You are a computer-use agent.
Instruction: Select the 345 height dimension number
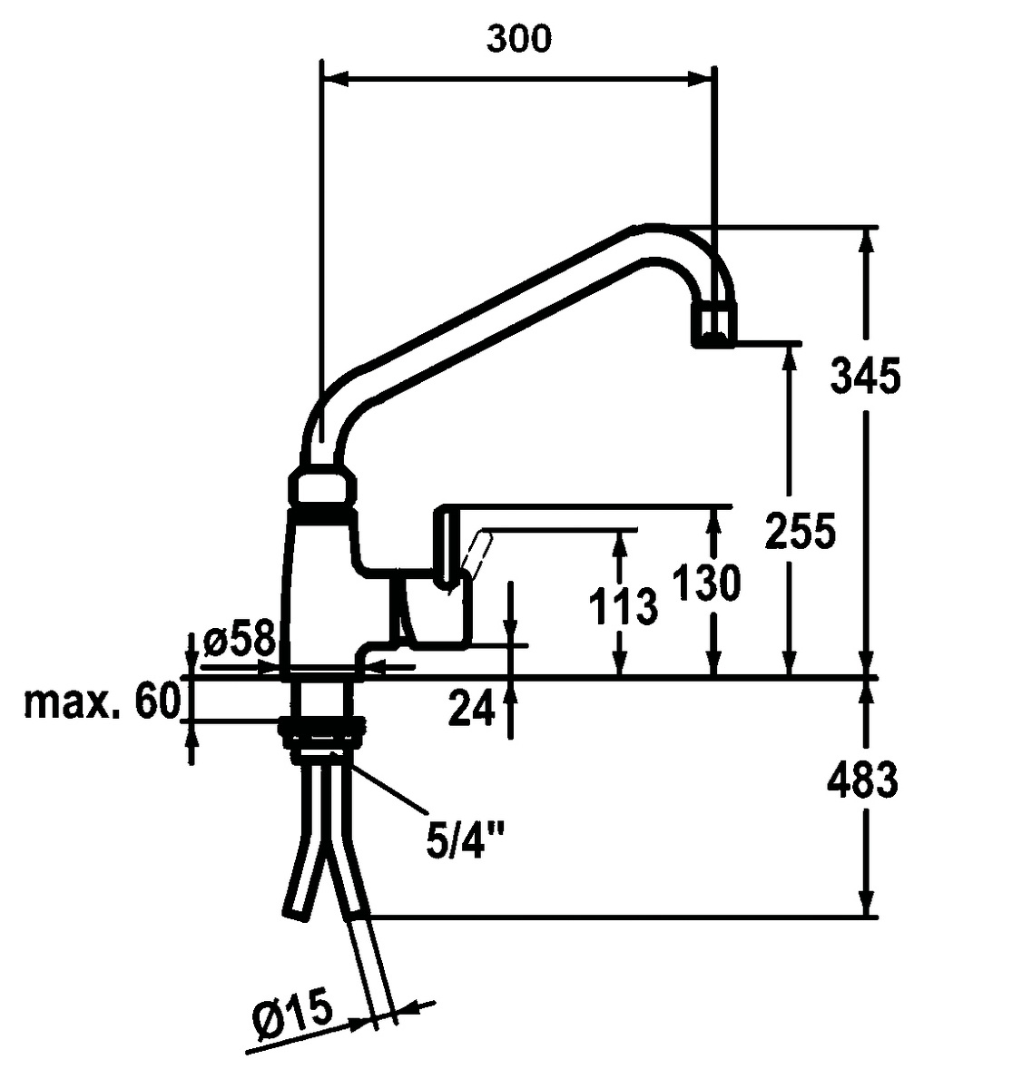(x=865, y=376)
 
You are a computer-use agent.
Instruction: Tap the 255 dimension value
(x=799, y=530)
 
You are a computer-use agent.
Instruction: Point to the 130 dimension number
(x=706, y=583)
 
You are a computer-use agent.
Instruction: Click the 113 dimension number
(x=623, y=605)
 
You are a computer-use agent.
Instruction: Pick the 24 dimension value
(x=471, y=708)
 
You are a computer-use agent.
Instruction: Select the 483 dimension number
(x=863, y=780)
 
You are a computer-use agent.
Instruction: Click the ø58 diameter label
(x=239, y=641)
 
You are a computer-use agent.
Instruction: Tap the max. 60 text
(x=102, y=701)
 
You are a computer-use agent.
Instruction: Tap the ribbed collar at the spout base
(x=322, y=486)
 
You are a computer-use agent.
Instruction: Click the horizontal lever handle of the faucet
(x=581, y=515)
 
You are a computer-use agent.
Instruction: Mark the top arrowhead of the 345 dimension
(x=869, y=240)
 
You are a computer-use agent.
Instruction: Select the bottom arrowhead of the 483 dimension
(x=869, y=902)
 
